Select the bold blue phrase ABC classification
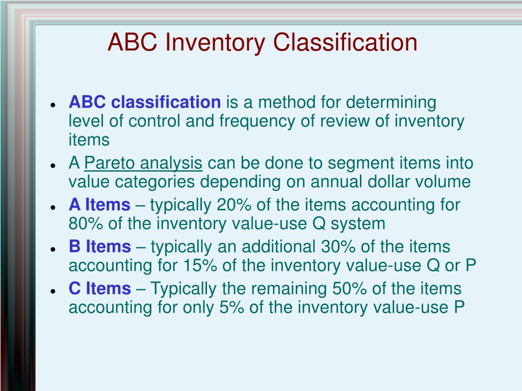coord(145,102)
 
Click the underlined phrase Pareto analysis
coord(143,163)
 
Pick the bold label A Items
coord(99,205)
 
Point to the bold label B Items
coord(100,247)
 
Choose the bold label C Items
coord(100,289)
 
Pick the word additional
coord(278,247)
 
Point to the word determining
coord(391,102)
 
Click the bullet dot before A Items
coord(53,208)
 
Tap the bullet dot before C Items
coord(53,291)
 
